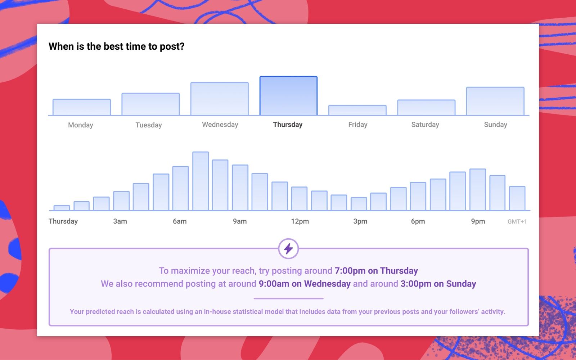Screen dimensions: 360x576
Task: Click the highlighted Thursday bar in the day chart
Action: tap(288, 96)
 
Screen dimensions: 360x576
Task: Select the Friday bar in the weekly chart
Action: tap(357, 110)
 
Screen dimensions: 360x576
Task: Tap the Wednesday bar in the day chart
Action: tap(219, 99)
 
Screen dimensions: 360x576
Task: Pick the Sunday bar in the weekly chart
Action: tap(495, 101)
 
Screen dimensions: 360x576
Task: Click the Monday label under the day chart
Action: tap(81, 125)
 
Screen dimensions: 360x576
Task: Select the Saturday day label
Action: tap(425, 125)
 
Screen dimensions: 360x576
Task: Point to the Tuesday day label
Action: tap(149, 125)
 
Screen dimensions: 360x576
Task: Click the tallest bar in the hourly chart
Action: tap(201, 181)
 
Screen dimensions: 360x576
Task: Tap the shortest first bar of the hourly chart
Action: tap(62, 208)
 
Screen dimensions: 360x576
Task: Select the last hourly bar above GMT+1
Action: tap(517, 198)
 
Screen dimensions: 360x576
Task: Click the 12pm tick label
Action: tap(300, 221)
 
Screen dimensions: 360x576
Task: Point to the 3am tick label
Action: tap(120, 221)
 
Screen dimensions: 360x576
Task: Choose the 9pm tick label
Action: tap(478, 221)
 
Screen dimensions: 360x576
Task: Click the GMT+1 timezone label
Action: tap(517, 221)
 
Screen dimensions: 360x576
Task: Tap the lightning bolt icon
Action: tap(288, 248)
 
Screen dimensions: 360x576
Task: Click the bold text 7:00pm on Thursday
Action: tap(376, 271)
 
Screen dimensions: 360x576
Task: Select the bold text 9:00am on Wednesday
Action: tap(305, 284)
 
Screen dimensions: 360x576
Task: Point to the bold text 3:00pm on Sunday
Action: tap(438, 284)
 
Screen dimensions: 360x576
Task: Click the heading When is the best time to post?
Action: tap(117, 46)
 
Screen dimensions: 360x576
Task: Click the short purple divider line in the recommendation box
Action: tap(288, 298)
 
